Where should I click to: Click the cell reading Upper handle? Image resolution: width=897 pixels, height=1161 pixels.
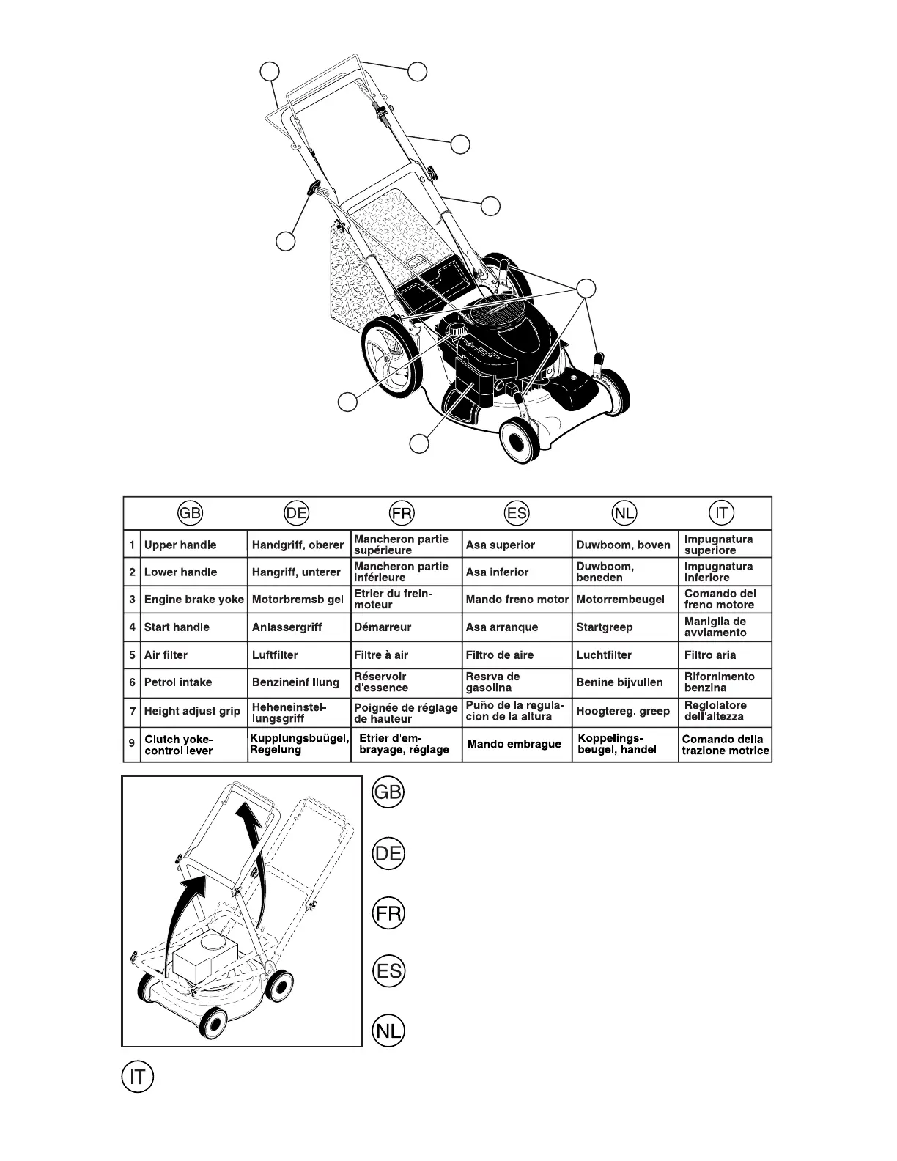pos(180,545)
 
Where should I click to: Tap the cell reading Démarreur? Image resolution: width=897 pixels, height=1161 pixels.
pos(383,627)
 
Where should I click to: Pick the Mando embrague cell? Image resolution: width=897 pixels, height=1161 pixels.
pos(514,744)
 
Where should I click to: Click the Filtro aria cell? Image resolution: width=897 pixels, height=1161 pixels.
pos(710,655)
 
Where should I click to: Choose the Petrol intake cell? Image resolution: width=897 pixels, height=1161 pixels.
pos(178,682)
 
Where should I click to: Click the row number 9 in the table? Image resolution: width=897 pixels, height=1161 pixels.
pos(132,743)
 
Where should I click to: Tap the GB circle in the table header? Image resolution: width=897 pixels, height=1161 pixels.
pos(190,513)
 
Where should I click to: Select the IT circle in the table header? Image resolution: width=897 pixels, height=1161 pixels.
pos(721,513)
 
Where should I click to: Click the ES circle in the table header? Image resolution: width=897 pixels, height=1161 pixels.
pos(516,513)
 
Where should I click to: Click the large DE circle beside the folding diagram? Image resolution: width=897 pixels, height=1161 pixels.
pos(388,854)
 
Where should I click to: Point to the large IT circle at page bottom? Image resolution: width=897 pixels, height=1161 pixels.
pos(137,1077)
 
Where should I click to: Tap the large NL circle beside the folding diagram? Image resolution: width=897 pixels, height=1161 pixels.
pos(388,1031)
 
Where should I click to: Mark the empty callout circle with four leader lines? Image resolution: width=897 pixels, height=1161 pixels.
pos(586,288)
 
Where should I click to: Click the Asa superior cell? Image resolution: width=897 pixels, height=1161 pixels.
pos(501,545)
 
